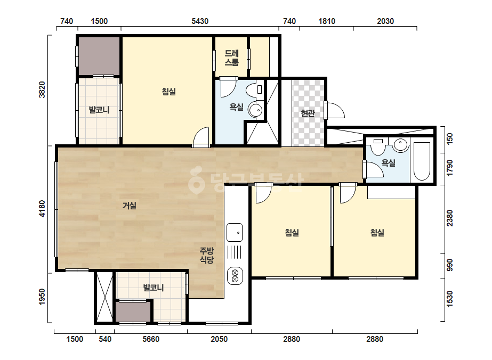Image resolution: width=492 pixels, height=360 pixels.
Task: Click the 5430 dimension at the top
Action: pyautogui.click(x=200, y=21)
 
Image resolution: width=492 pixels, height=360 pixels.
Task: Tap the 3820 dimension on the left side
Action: pyautogui.click(x=42, y=89)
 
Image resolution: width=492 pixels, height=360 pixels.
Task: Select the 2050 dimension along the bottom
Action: pyautogui.click(x=219, y=339)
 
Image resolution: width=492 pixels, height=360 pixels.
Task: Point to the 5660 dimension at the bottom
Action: pyautogui.click(x=151, y=339)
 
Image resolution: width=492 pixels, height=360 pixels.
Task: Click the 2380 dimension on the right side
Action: pyautogui.click(x=450, y=218)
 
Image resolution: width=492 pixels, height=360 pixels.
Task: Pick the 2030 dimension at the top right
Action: pyautogui.click(x=385, y=21)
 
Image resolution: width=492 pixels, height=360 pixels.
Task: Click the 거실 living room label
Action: pyautogui.click(x=130, y=206)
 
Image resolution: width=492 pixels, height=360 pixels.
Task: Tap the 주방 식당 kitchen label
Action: pyautogui.click(x=207, y=255)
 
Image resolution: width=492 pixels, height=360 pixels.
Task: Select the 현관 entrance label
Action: pyautogui.click(x=308, y=113)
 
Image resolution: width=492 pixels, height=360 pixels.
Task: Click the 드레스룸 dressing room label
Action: pyautogui.click(x=231, y=58)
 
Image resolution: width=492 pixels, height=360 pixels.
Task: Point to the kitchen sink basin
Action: pyautogui.click(x=235, y=232)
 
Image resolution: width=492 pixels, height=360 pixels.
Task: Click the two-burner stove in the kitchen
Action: pyautogui.click(x=235, y=276)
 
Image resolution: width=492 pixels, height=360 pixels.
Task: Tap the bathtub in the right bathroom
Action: pyautogui.click(x=422, y=161)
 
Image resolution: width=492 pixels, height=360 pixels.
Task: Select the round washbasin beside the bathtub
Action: pyautogui.click(x=401, y=145)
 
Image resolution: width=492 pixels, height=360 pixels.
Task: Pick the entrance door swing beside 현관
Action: pyautogui.click(x=335, y=110)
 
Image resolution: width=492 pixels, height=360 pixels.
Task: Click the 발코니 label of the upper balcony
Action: pyautogui.click(x=99, y=110)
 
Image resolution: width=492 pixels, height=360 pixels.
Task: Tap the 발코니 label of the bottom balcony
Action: pyautogui.click(x=154, y=288)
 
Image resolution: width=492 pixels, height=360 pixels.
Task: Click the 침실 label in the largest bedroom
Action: pyautogui.click(x=169, y=92)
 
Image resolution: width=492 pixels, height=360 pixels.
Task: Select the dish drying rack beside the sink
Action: pyautogui.click(x=235, y=252)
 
